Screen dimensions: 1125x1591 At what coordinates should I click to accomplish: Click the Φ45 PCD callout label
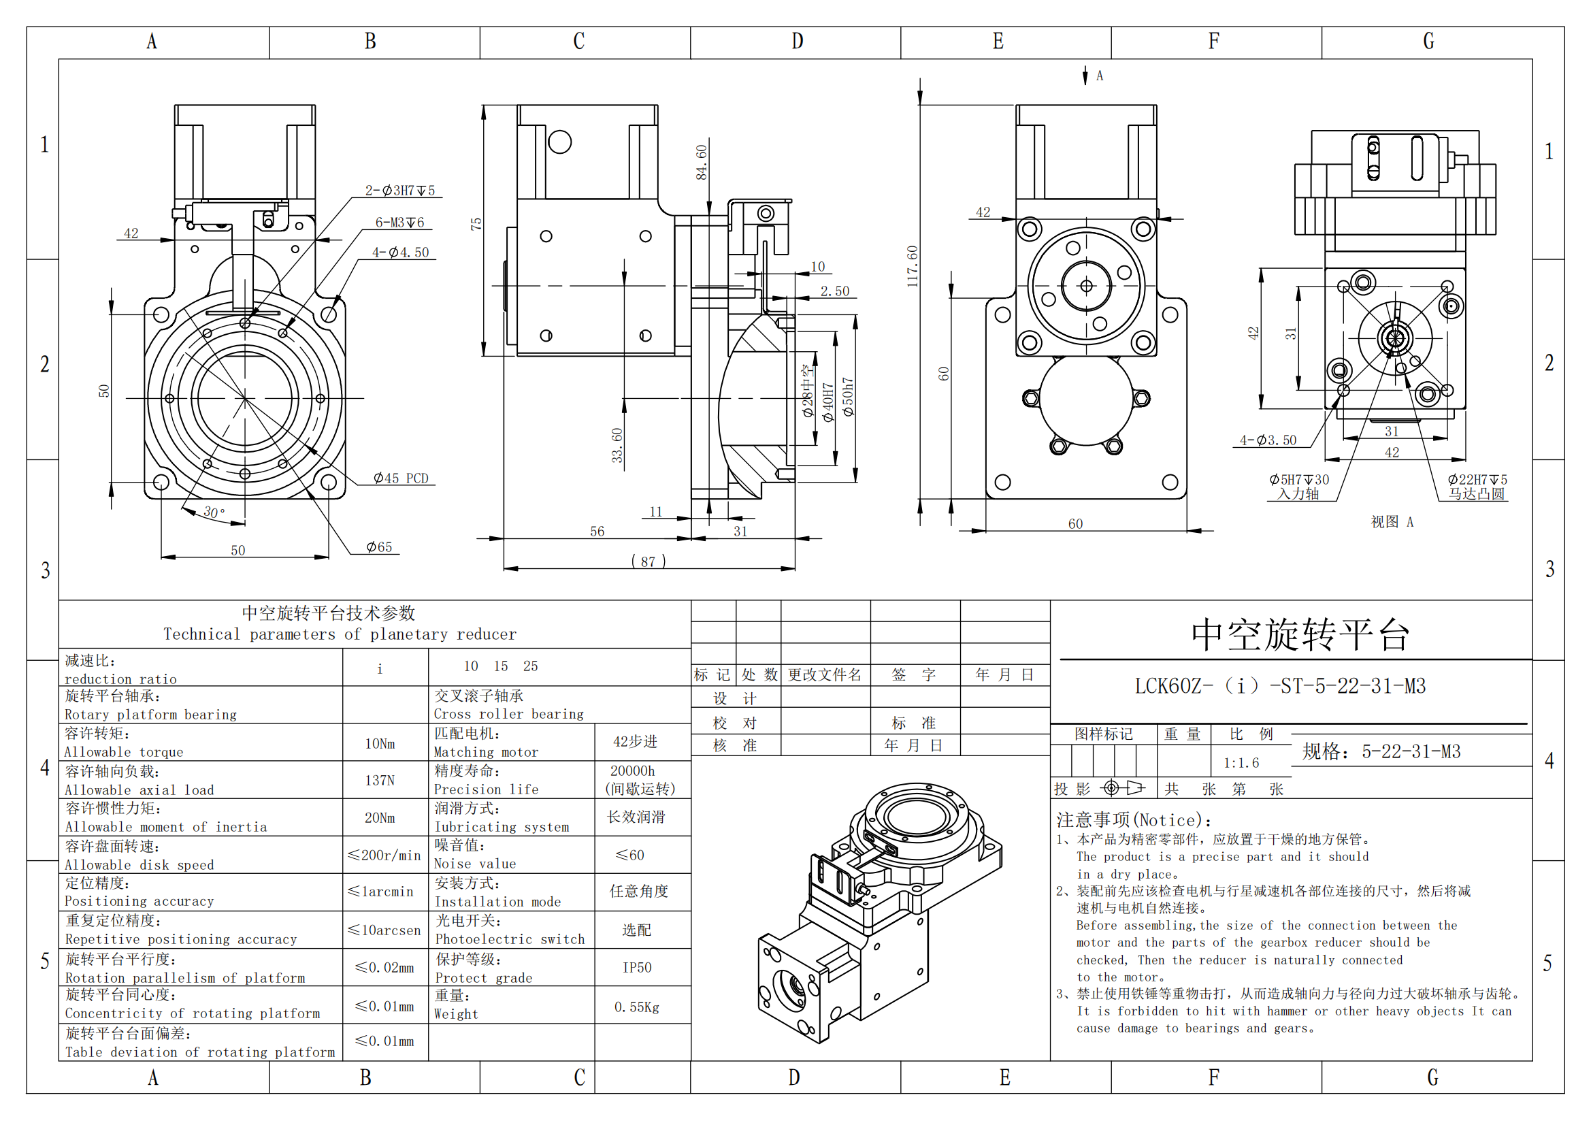[x=401, y=478]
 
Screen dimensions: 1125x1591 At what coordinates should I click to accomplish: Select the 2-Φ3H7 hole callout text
[x=400, y=191]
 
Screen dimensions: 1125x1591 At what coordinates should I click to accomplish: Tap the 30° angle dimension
[x=214, y=512]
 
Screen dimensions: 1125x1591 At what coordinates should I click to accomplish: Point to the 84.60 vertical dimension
[x=702, y=162]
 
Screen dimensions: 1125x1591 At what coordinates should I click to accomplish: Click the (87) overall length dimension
[x=648, y=561]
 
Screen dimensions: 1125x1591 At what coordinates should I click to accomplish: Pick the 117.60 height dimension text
[x=913, y=266]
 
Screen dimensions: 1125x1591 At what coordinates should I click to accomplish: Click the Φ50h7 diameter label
[x=848, y=397]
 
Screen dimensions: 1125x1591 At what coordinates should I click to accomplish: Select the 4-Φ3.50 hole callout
[x=1267, y=440]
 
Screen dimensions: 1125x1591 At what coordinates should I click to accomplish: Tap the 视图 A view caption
[x=1392, y=522]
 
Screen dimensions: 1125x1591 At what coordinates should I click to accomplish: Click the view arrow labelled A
[x=1092, y=76]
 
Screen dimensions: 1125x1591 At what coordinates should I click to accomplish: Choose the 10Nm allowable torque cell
[x=380, y=744]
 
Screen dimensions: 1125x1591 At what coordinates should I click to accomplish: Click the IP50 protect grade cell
[x=636, y=968]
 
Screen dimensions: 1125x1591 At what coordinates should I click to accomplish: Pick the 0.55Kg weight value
[x=636, y=1007]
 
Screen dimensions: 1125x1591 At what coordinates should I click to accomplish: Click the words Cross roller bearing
[x=508, y=714]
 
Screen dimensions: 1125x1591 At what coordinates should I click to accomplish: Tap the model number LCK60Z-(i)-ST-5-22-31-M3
[x=1279, y=686]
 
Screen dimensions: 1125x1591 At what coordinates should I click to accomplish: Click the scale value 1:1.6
[x=1241, y=763]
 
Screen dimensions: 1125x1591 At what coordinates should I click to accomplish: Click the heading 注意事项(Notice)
[x=1133, y=821]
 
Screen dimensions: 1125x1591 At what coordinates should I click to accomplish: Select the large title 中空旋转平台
[x=1300, y=634]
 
